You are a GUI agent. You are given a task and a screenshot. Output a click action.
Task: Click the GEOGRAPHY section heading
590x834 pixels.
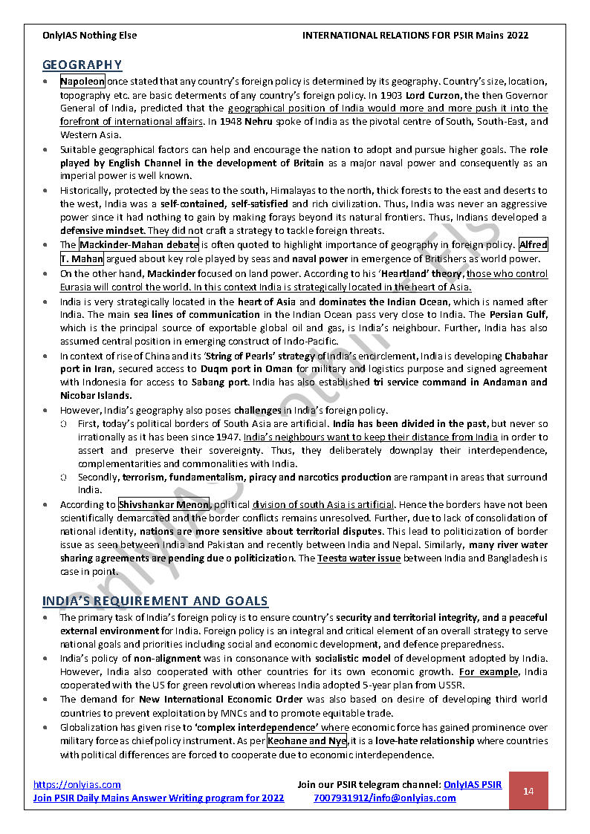point(82,65)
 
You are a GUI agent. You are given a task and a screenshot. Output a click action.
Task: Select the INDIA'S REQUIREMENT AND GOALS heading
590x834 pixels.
point(155,601)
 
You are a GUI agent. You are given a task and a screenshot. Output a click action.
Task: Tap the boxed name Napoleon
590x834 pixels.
point(82,82)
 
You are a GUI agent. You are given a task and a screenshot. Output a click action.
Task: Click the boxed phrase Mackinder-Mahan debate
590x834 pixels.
point(139,244)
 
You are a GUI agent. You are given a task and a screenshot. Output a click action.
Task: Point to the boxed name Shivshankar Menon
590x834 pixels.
point(163,505)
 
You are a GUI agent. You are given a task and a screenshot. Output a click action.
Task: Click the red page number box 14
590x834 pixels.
point(528,790)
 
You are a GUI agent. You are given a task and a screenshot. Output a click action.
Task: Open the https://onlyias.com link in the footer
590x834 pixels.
point(77,784)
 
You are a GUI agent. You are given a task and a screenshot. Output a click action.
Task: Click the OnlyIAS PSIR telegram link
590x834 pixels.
point(472,784)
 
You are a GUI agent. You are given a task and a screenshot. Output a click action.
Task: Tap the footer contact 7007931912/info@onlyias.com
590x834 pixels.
point(384,798)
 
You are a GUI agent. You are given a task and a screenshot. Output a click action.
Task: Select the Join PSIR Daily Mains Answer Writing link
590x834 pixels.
point(158,798)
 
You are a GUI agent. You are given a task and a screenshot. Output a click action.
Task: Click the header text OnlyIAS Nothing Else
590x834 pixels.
point(90,35)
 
